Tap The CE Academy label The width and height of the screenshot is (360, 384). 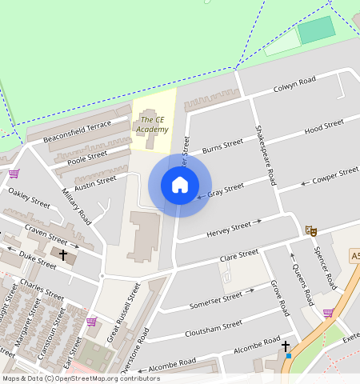pyautogui.click(x=152, y=125)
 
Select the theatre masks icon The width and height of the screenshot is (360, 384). pyautogui.click(x=311, y=230)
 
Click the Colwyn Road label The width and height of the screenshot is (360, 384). pyautogui.click(x=294, y=84)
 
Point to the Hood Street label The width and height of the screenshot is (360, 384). pyautogui.click(x=323, y=126)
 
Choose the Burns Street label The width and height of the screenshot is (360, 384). pyautogui.click(x=222, y=146)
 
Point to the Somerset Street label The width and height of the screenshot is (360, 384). pyautogui.click(x=215, y=301)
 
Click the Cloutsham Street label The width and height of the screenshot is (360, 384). pyautogui.click(x=213, y=329)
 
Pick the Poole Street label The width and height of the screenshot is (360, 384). pyautogui.click(x=87, y=157)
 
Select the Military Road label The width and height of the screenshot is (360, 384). pyautogui.click(x=76, y=206)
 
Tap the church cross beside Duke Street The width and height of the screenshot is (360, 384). pyautogui.click(x=63, y=254)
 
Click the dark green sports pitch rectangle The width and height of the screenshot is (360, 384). pyautogui.click(x=317, y=30)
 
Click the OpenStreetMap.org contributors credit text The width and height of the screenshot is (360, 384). pyautogui.click(x=94, y=378)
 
